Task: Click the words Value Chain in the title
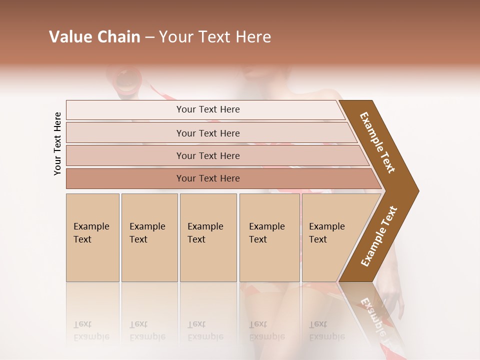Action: click(94, 37)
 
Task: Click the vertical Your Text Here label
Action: click(57, 143)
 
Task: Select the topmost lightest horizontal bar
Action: click(208, 109)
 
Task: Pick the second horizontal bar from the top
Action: click(208, 133)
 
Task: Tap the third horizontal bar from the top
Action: click(208, 155)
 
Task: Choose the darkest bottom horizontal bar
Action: click(208, 178)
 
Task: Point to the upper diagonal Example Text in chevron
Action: click(377, 142)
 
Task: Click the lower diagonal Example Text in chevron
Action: click(379, 236)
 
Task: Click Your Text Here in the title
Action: click(215, 37)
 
